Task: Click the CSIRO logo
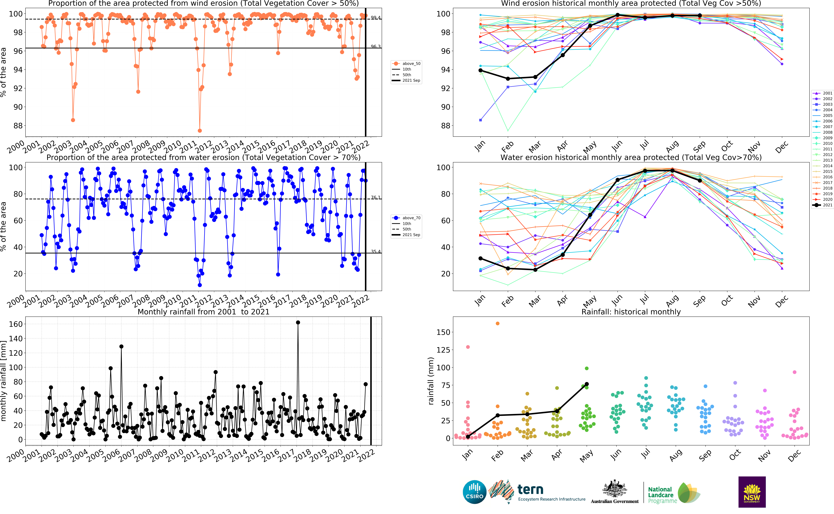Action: [x=474, y=492]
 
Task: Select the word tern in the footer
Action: [x=530, y=490]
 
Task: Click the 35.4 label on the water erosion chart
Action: [x=376, y=252]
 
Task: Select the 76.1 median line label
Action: [x=376, y=197]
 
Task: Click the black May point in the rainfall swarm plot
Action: [x=587, y=384]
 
